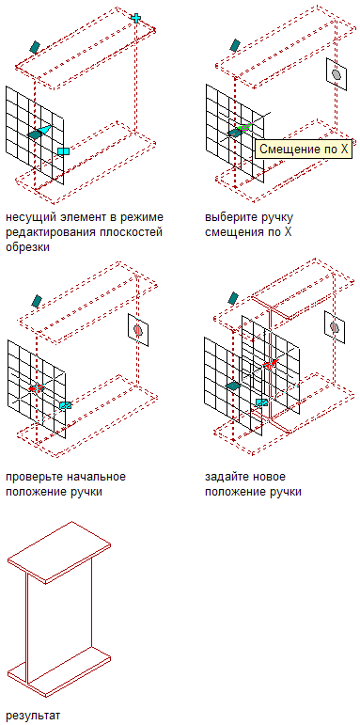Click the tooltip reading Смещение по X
(x=304, y=149)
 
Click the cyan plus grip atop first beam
(x=136, y=18)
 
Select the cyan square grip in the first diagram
(x=63, y=150)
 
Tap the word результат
(x=33, y=716)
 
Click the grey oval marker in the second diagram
(x=337, y=74)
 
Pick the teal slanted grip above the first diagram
(x=35, y=46)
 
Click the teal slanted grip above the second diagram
(x=235, y=44)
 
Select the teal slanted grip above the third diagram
(x=37, y=301)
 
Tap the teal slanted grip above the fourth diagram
(x=234, y=298)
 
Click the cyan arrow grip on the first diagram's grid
(x=44, y=130)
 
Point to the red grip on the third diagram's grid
(x=36, y=387)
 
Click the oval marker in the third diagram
(x=138, y=330)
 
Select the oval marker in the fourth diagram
(x=335, y=327)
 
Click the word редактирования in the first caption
(x=50, y=232)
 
